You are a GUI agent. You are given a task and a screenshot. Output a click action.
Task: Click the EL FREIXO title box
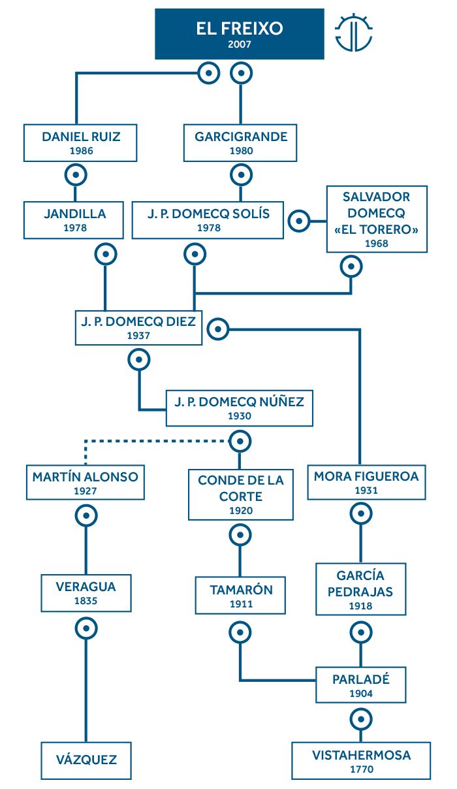(x=240, y=34)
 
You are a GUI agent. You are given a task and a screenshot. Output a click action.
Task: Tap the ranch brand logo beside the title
(x=353, y=33)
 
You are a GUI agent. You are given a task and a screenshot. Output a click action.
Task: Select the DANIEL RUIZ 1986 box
(x=80, y=142)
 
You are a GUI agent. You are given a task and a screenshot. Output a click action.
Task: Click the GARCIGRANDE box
(x=240, y=142)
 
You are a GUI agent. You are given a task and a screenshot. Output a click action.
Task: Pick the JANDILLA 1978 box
(x=74, y=220)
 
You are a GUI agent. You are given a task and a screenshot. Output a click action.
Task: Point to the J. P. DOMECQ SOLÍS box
(x=208, y=220)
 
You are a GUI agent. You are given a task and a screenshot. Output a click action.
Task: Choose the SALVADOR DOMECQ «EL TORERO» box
(x=377, y=219)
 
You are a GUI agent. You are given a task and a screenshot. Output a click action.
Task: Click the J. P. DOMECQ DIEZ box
(x=138, y=328)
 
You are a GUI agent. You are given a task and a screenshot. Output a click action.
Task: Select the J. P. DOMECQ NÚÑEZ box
(x=240, y=408)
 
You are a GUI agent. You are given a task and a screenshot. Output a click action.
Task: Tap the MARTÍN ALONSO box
(x=86, y=482)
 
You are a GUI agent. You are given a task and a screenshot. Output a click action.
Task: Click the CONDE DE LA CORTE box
(x=241, y=494)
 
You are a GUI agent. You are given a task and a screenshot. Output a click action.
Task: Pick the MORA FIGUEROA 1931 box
(x=366, y=482)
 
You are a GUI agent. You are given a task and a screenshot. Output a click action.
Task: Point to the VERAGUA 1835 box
(x=86, y=593)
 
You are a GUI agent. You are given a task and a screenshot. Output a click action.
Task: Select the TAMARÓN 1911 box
(x=240, y=595)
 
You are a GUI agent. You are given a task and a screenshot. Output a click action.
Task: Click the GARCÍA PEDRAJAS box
(x=361, y=589)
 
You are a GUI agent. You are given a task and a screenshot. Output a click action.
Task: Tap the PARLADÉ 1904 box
(x=361, y=684)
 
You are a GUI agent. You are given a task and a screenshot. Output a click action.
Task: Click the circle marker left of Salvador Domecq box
(x=299, y=221)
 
